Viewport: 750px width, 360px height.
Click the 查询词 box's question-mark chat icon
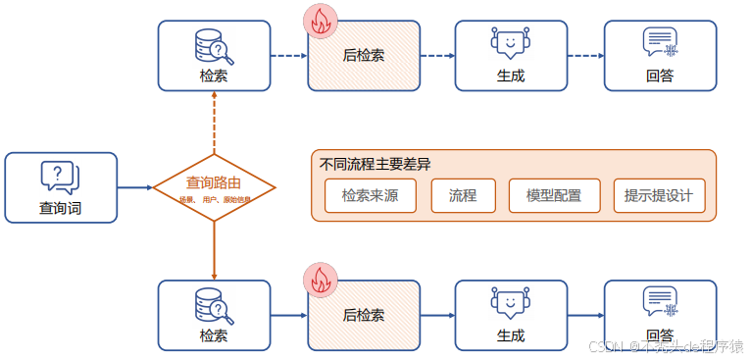pyautogui.click(x=60, y=178)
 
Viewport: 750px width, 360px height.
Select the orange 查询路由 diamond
pyautogui.click(x=214, y=186)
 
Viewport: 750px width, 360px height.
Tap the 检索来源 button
pyautogui.click(x=370, y=195)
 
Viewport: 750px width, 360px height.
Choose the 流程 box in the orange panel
pyautogui.click(x=463, y=195)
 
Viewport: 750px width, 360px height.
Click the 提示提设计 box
pyautogui.click(x=658, y=195)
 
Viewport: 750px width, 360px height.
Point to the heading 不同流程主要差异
pyautogui.click(x=375, y=164)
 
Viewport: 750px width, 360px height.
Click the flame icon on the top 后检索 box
pyautogui.click(x=320, y=22)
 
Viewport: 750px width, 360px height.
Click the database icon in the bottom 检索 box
pyautogui.click(x=214, y=304)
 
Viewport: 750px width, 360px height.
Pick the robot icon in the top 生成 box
pyautogui.click(x=510, y=44)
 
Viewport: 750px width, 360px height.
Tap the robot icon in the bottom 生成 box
pyautogui.click(x=510, y=303)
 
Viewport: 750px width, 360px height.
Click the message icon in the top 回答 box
pyautogui.click(x=660, y=43)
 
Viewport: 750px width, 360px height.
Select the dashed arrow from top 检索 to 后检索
pyautogui.click(x=289, y=56)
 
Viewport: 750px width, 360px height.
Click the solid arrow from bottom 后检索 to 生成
pyautogui.click(x=437, y=315)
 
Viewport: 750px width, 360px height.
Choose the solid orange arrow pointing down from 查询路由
pyautogui.click(x=214, y=250)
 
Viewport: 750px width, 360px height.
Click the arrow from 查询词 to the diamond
pyautogui.click(x=135, y=186)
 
